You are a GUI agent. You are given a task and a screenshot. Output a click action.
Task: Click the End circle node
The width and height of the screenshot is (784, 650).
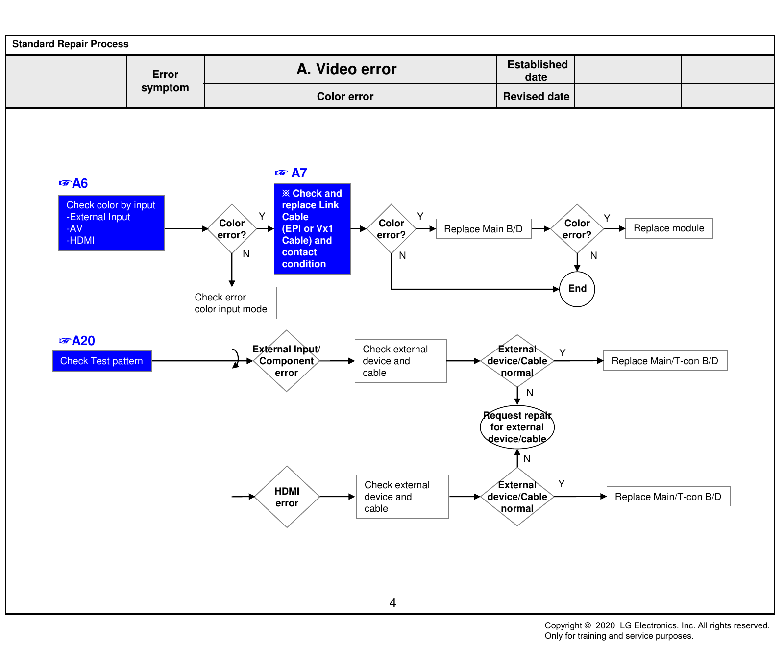point(577,289)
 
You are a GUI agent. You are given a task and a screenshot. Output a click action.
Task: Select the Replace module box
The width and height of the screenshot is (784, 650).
point(669,228)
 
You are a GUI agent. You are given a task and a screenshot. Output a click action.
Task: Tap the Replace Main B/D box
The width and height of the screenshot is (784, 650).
point(484,229)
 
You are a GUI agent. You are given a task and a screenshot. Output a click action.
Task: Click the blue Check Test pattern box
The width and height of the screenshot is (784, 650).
point(102,361)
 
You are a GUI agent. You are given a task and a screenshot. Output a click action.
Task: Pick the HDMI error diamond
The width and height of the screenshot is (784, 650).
point(287,497)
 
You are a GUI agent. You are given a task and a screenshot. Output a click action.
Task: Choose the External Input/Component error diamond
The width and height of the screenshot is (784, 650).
point(287,361)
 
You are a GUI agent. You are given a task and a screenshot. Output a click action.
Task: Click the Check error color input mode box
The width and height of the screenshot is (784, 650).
point(232,303)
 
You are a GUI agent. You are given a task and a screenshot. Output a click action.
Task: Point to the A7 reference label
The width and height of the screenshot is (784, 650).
point(291,173)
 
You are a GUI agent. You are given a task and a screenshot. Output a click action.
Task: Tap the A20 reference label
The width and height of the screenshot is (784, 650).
point(76,341)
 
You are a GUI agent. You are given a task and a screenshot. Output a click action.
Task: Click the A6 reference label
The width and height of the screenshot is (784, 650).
point(73,183)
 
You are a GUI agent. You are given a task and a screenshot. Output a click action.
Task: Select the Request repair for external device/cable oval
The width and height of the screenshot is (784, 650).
point(517,427)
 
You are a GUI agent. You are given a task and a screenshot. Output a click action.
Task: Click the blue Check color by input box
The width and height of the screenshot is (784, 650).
point(111,223)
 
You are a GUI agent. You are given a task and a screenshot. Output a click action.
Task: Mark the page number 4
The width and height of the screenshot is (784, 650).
point(392,603)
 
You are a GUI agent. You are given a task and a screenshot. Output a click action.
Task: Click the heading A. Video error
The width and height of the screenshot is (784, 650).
point(346,69)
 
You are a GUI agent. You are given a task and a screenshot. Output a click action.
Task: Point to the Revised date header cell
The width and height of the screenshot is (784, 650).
point(536,96)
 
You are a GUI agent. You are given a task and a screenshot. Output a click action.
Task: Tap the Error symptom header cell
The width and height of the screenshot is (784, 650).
point(165,81)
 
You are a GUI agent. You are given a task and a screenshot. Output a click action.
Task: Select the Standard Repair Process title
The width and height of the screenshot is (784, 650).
point(71,44)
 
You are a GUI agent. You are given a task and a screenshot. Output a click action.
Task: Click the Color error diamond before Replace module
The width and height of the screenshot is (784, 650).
point(577,229)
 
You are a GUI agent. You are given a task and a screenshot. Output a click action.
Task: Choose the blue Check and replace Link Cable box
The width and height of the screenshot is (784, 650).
point(312,229)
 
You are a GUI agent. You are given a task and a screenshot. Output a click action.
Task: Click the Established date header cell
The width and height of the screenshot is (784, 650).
point(536,70)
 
